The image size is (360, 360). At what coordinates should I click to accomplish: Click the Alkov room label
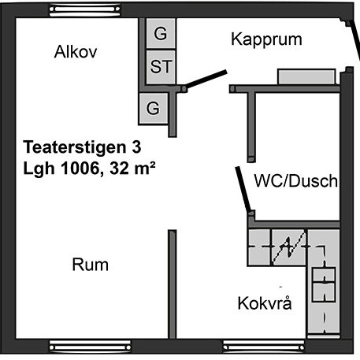(76, 52)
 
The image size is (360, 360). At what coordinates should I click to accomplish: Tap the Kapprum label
(266, 39)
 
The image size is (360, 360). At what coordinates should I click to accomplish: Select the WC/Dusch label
(296, 180)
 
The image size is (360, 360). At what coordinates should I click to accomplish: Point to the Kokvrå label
(265, 303)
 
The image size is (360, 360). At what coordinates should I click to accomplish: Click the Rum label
(91, 265)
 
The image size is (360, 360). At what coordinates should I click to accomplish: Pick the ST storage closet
(161, 67)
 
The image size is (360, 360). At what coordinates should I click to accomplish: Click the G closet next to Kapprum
(161, 33)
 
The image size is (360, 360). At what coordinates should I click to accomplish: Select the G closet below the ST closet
(153, 108)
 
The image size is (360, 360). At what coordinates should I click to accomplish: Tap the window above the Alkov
(85, 10)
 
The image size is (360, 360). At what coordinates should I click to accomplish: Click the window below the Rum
(90, 347)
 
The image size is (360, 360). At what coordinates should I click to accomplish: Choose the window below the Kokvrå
(264, 347)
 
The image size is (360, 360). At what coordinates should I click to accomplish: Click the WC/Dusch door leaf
(243, 189)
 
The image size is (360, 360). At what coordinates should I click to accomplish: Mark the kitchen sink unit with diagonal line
(289, 247)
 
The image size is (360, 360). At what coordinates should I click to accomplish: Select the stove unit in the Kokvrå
(324, 284)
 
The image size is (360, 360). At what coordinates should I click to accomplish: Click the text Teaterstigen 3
(82, 147)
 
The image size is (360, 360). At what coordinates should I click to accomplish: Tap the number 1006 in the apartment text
(80, 168)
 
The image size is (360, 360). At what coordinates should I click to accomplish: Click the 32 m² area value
(132, 168)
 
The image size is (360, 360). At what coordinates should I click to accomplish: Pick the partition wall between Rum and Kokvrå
(173, 284)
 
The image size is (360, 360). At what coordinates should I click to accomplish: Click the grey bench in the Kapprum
(306, 76)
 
